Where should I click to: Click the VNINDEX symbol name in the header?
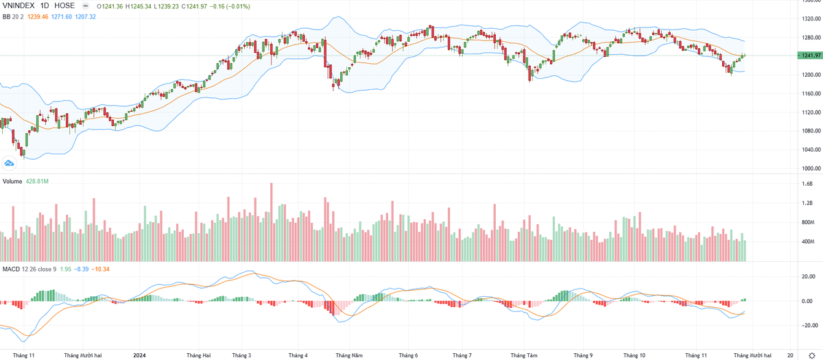tap(19, 5)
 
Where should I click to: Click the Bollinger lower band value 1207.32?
tap(84, 16)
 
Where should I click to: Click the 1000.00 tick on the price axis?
tap(811, 169)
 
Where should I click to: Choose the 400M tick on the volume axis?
tap(809, 241)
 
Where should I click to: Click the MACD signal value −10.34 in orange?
tap(100, 268)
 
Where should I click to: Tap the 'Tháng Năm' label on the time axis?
tap(348, 355)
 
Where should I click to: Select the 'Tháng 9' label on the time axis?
tap(582, 355)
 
